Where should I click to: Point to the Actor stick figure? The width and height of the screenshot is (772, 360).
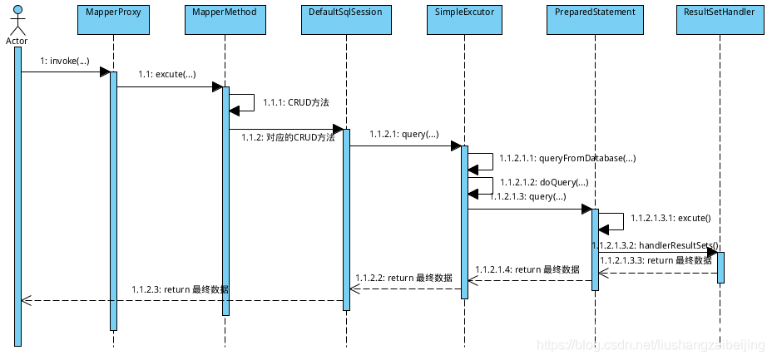coord(17,23)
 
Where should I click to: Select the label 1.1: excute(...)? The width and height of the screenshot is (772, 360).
coord(166,75)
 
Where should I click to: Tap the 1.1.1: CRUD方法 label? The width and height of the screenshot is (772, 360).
coord(296,102)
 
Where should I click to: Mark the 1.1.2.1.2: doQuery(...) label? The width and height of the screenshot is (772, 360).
coord(544,181)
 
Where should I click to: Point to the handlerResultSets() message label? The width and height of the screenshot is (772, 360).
coord(655,246)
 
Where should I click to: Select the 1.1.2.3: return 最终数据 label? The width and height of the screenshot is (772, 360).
coord(180,289)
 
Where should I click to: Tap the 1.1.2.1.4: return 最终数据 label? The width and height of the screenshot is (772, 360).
coord(527,269)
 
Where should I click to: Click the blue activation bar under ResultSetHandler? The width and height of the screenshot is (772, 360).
coord(720,267)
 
